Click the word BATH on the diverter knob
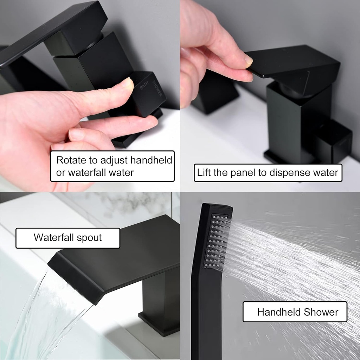point(144,85)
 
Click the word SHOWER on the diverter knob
point(157,88)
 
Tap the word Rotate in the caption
point(71,160)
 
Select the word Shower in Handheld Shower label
point(321,312)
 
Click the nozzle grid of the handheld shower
point(216,241)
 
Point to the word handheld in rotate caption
point(151,160)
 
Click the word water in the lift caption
point(326,173)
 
